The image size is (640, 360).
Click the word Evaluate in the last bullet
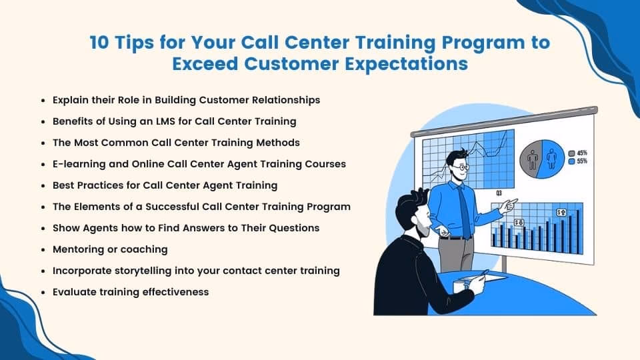pyautogui.click(x=75, y=292)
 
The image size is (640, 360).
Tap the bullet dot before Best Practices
pyautogui.click(x=44, y=185)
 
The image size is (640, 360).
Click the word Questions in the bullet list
pyautogui.click(x=294, y=228)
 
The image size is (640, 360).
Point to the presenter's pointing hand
pyautogui.click(x=509, y=206)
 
